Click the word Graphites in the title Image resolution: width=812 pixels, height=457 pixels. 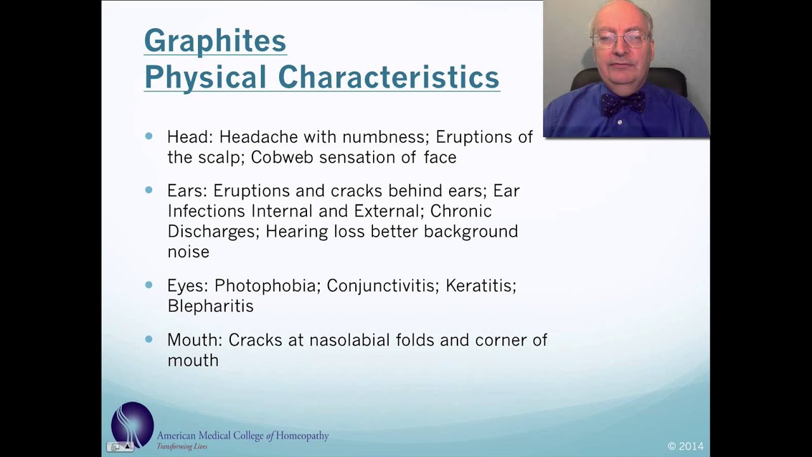point(214,41)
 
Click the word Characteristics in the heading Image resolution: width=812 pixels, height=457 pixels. point(388,77)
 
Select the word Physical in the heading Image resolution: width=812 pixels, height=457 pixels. point(205,77)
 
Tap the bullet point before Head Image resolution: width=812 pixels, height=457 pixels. point(149,136)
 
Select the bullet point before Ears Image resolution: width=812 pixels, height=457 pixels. point(149,190)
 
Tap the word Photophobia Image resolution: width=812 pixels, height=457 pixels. point(265,286)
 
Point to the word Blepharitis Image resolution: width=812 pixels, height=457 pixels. point(210,306)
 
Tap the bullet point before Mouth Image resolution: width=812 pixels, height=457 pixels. point(149,340)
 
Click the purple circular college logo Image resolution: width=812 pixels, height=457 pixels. point(133,425)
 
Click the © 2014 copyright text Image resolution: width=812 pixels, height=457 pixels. point(685,446)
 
